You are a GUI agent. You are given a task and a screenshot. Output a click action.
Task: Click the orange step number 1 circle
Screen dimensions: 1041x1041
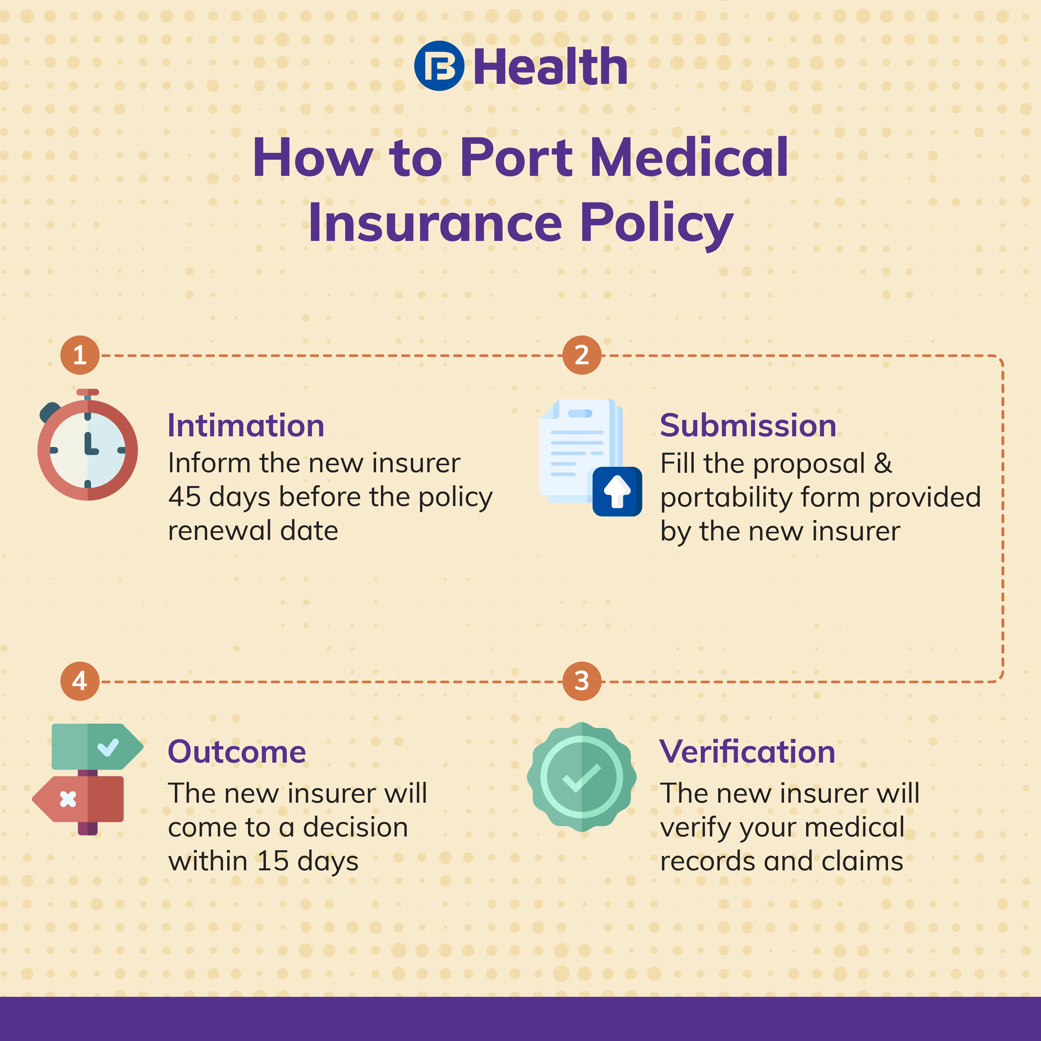80,355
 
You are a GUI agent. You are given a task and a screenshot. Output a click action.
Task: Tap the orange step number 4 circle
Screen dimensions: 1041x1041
80,681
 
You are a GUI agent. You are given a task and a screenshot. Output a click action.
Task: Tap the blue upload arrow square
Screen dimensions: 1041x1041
617,491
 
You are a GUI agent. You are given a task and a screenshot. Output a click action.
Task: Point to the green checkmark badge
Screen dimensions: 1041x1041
582,777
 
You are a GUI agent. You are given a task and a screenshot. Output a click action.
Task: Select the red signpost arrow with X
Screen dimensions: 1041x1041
78,799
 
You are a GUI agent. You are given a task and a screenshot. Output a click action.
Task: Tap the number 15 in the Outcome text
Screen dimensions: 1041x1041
273,861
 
